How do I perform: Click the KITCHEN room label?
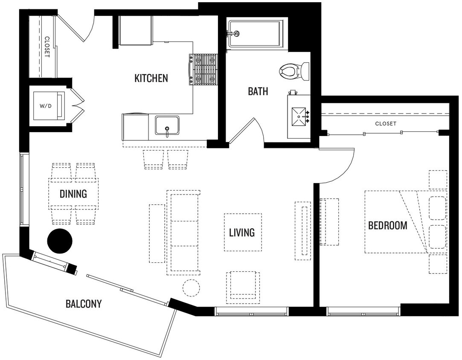[x=151, y=78]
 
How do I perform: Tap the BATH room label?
[x=258, y=91]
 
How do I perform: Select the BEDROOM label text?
[x=387, y=225]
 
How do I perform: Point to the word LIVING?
[x=241, y=232]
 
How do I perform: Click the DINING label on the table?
[x=73, y=194]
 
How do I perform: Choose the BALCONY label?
[x=84, y=304]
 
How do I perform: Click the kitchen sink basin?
[x=167, y=126]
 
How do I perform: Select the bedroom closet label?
[x=386, y=124]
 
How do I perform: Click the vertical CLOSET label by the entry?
[x=46, y=46]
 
